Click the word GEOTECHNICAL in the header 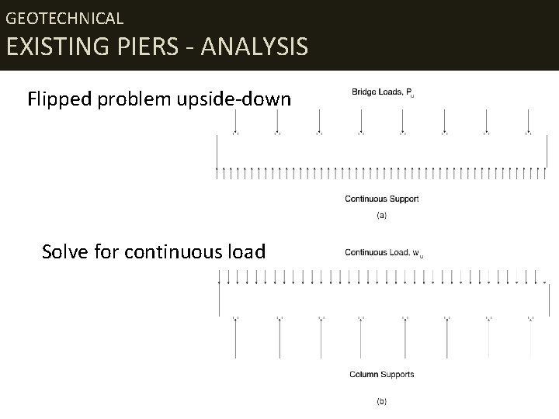coord(64,17)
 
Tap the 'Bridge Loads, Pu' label coord(383,92)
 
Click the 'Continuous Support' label coord(382,199)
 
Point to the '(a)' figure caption coord(381,215)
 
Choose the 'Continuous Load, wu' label coord(384,252)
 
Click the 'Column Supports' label coord(382,374)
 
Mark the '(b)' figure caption coord(381,401)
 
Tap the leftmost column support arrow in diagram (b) coord(235,338)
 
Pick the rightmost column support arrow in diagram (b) coord(530,338)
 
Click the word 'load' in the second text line coord(248,252)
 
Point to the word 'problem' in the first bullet coord(132,100)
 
